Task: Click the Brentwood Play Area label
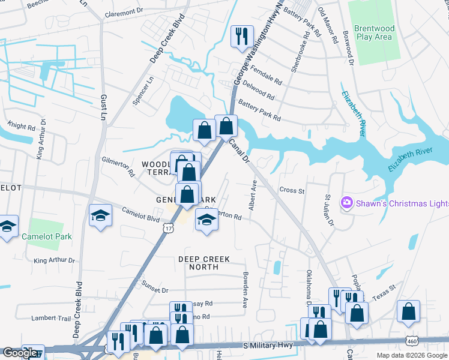[373, 32]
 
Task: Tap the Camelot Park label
[47, 236]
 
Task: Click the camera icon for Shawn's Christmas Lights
[347, 203]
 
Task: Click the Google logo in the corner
[20, 353]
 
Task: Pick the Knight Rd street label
[22, 127]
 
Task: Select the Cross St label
[292, 190]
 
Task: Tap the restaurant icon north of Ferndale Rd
[239, 36]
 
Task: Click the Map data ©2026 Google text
[412, 355]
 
